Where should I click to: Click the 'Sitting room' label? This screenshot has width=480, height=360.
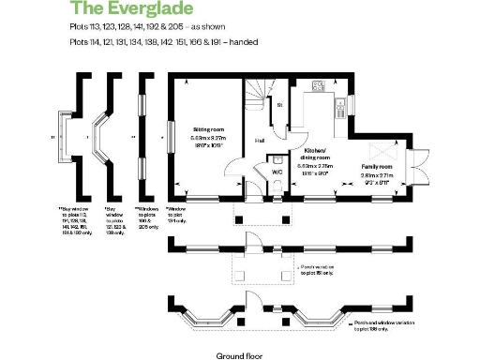207,129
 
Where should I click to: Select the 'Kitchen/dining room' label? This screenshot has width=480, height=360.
314,154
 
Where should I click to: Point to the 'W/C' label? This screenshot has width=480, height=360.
277,172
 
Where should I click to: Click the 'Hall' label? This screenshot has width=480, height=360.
260,141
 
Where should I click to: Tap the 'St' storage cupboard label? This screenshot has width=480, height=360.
279,105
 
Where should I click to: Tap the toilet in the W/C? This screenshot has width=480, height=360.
280,187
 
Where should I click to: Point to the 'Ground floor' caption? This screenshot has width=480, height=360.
237,355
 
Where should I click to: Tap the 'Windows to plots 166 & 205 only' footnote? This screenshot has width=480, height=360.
148,216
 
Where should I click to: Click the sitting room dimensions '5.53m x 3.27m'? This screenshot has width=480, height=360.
207,138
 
